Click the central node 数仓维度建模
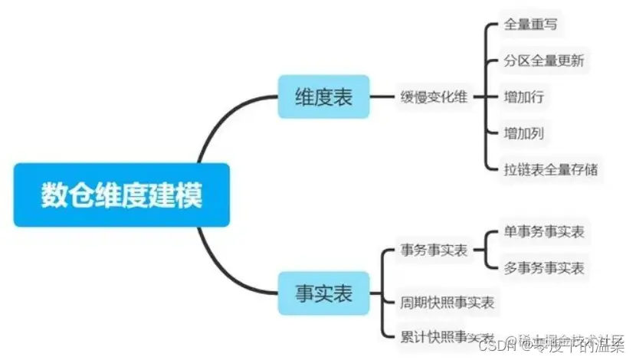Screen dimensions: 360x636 tap(121, 195)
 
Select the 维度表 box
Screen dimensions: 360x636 tap(323, 97)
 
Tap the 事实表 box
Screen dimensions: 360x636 tap(323, 293)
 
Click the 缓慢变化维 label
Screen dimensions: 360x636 tap(434, 97)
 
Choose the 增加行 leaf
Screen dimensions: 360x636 tap(524, 97)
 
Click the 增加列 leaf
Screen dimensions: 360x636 tap(524, 134)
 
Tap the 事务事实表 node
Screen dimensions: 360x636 tap(434, 250)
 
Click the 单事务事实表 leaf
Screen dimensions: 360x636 tap(543, 231)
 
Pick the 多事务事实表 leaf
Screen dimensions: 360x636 tap(543, 268)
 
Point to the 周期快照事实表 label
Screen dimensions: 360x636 tap(447, 302)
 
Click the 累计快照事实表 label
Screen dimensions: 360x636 tap(447, 337)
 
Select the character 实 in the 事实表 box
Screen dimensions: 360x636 tap(323, 293)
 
